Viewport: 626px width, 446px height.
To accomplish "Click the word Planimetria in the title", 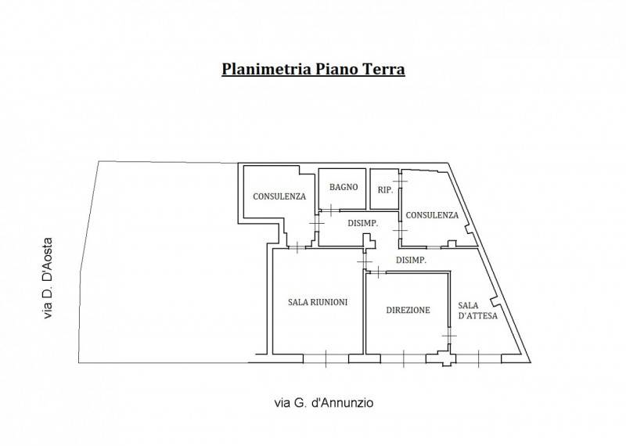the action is pos(267,69).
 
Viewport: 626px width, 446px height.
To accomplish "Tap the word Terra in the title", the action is pos(383,69).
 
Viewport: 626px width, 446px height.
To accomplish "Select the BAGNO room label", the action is pos(344,187).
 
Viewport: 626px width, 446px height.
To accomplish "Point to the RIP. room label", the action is pos(385,190).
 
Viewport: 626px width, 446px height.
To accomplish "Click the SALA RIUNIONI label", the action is pos(318,302).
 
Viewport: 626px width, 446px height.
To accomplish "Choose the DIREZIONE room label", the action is pos(408,310).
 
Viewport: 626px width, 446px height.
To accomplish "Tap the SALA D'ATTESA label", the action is pos(477,311).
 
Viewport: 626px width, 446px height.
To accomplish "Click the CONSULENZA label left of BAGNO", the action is pos(279,196).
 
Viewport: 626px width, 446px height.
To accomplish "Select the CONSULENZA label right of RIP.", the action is pos(432,215).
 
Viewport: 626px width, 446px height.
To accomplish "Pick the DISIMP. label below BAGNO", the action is pos(362,224).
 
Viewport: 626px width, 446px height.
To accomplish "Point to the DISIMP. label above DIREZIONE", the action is pos(411,260).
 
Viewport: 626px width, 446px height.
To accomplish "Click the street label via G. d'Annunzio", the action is pos(324,402).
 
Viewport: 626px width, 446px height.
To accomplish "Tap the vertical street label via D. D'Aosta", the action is pos(48,279).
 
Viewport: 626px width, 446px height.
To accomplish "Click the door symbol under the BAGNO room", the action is pos(331,210).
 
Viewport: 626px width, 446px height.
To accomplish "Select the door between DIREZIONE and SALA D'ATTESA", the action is pos(449,336).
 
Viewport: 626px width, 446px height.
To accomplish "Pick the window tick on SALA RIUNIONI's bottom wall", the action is pos(326,358).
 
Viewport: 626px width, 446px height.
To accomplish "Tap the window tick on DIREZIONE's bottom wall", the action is pos(404,358).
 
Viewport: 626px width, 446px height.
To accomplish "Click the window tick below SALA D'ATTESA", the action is pos(478,358).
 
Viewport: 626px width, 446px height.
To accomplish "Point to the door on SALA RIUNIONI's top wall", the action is pos(297,247).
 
